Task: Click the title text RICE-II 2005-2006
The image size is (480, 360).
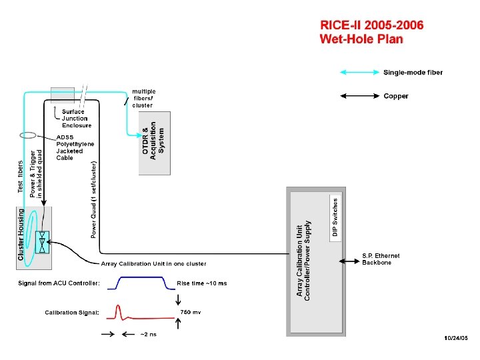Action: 371,25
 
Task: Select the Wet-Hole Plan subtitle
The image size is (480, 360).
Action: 361,39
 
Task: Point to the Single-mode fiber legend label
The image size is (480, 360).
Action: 413,73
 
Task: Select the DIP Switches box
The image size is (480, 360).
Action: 335,217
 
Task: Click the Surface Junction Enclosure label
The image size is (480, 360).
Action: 77,119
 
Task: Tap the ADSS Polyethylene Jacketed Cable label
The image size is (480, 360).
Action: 75,147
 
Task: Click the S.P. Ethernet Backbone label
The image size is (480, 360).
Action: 381,259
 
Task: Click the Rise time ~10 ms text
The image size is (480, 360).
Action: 201,283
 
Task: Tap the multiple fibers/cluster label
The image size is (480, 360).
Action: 143,98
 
